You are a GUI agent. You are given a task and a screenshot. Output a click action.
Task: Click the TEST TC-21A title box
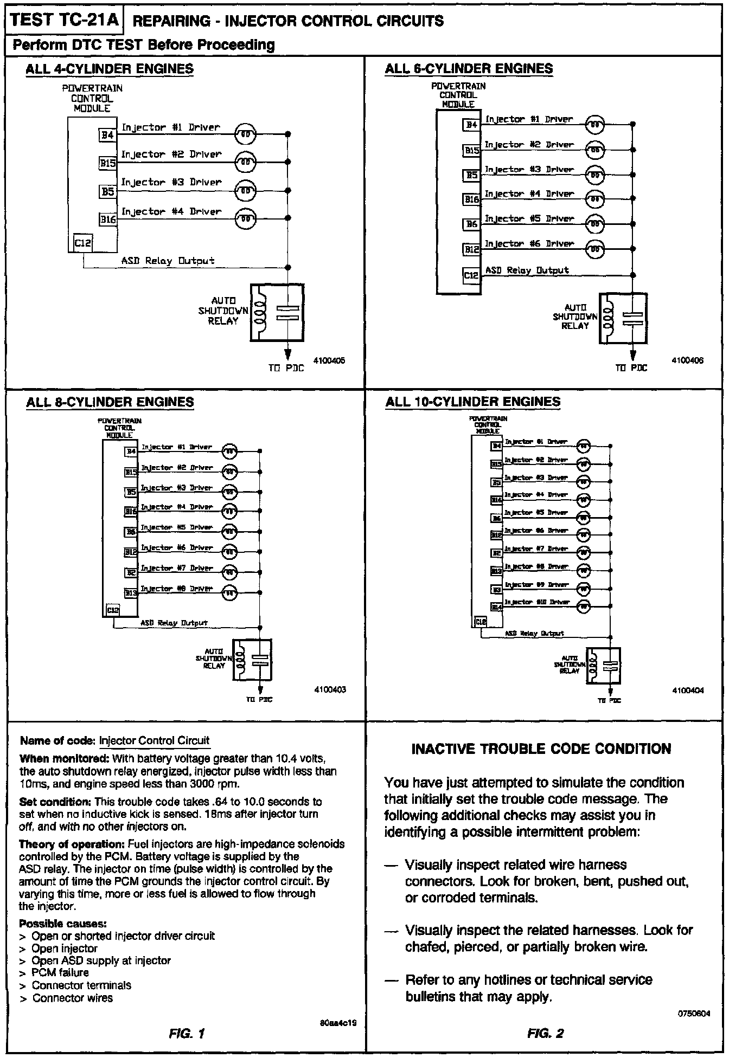(x=63, y=20)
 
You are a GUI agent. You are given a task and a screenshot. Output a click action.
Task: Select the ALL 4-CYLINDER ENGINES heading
(x=110, y=69)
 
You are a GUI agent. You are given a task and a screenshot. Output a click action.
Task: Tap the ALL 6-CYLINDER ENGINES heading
(x=469, y=69)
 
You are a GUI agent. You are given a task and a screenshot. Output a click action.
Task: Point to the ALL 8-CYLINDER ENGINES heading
(x=110, y=402)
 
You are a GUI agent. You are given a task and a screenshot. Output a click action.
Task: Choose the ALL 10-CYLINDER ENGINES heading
(x=472, y=402)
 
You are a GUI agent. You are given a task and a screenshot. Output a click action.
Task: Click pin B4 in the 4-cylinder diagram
(x=107, y=134)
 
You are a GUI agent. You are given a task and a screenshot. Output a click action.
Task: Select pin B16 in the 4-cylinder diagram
(x=107, y=220)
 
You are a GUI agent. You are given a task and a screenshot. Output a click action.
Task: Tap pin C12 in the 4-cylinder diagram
(x=83, y=244)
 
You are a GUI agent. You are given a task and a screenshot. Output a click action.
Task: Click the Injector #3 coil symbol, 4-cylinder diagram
(x=245, y=191)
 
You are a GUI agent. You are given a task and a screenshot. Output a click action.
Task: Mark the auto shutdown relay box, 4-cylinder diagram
(x=277, y=313)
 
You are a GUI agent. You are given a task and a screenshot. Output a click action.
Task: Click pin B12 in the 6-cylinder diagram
(x=471, y=250)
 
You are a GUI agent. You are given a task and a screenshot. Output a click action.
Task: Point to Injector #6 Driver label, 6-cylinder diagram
(x=529, y=244)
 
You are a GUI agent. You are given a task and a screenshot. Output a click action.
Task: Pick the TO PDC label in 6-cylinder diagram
(x=631, y=368)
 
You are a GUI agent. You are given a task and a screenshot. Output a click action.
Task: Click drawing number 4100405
(x=329, y=360)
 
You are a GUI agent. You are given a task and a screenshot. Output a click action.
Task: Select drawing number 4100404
(x=688, y=691)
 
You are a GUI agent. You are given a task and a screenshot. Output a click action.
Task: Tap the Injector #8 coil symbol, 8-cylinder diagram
(x=229, y=593)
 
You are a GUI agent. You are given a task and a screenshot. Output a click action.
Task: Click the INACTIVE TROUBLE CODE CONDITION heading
(x=541, y=749)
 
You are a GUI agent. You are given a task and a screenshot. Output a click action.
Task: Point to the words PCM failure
(x=60, y=972)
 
